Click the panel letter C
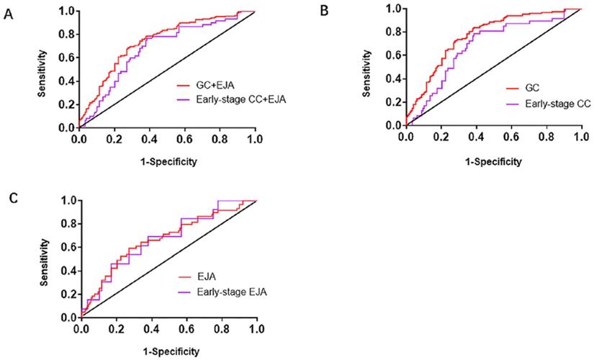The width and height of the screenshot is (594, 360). [x=8, y=199]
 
